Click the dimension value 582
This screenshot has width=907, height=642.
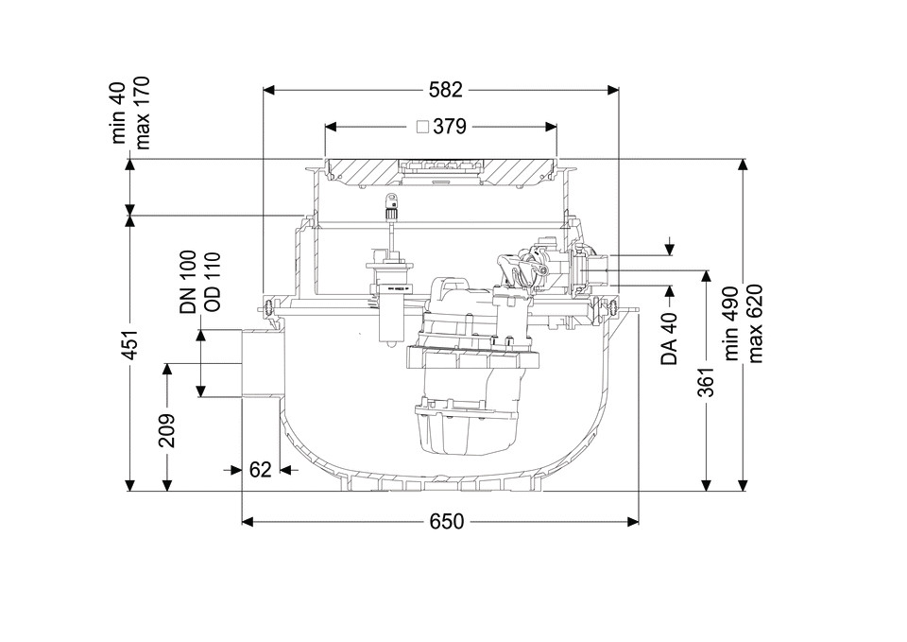pyautogui.click(x=446, y=90)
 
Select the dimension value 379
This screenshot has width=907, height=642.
pyautogui.click(x=450, y=126)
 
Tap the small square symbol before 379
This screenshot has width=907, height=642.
pyautogui.click(x=423, y=126)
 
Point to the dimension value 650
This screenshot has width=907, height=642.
pyautogui.click(x=447, y=522)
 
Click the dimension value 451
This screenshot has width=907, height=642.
pyautogui.click(x=132, y=345)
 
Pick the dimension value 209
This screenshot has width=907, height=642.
pyautogui.click(x=167, y=431)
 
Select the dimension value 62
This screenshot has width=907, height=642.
pyautogui.click(x=261, y=470)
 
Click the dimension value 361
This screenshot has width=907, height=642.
pyautogui.click(x=706, y=381)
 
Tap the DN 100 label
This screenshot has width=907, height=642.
pyautogui.click(x=188, y=282)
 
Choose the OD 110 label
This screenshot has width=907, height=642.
pyautogui.click(x=213, y=282)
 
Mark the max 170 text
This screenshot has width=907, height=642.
pyautogui.click(x=142, y=113)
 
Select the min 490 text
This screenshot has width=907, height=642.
pyautogui.click(x=731, y=323)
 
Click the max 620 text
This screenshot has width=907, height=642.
pyautogui.click(x=756, y=323)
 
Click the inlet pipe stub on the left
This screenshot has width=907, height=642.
pyautogui.click(x=261, y=364)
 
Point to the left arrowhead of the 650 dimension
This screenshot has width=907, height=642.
pyautogui.click(x=248, y=522)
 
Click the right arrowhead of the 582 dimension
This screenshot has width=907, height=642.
pyautogui.click(x=612, y=90)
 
